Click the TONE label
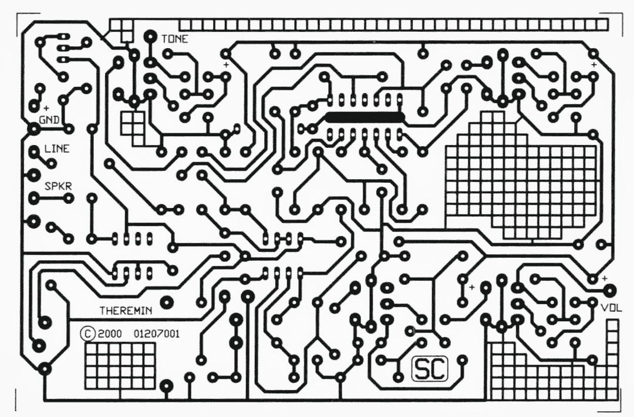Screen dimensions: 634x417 pyautogui.click(x=175, y=39)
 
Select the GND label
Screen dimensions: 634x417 pyautogui.click(x=49, y=120)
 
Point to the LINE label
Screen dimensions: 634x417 pyautogui.click(x=57, y=149)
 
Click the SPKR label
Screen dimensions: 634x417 pyautogui.click(x=58, y=186)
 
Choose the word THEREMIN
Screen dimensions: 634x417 pyautogui.click(x=126, y=311)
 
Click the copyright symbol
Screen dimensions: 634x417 pyautogui.click(x=87, y=334)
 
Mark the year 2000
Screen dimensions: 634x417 pyautogui.click(x=110, y=334)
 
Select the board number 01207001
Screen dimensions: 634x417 pyautogui.click(x=157, y=334)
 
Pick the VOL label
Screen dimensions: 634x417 pyautogui.click(x=611, y=308)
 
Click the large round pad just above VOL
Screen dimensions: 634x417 pyautogui.click(x=610, y=290)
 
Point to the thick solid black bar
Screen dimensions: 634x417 pyautogui.click(x=365, y=117)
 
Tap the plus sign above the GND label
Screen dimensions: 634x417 pyautogui.click(x=46, y=108)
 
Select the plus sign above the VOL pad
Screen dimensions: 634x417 pyautogui.click(x=605, y=278)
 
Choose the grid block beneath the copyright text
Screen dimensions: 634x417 pyautogui.click(x=120, y=366)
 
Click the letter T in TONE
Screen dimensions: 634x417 pyautogui.click(x=164, y=39)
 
